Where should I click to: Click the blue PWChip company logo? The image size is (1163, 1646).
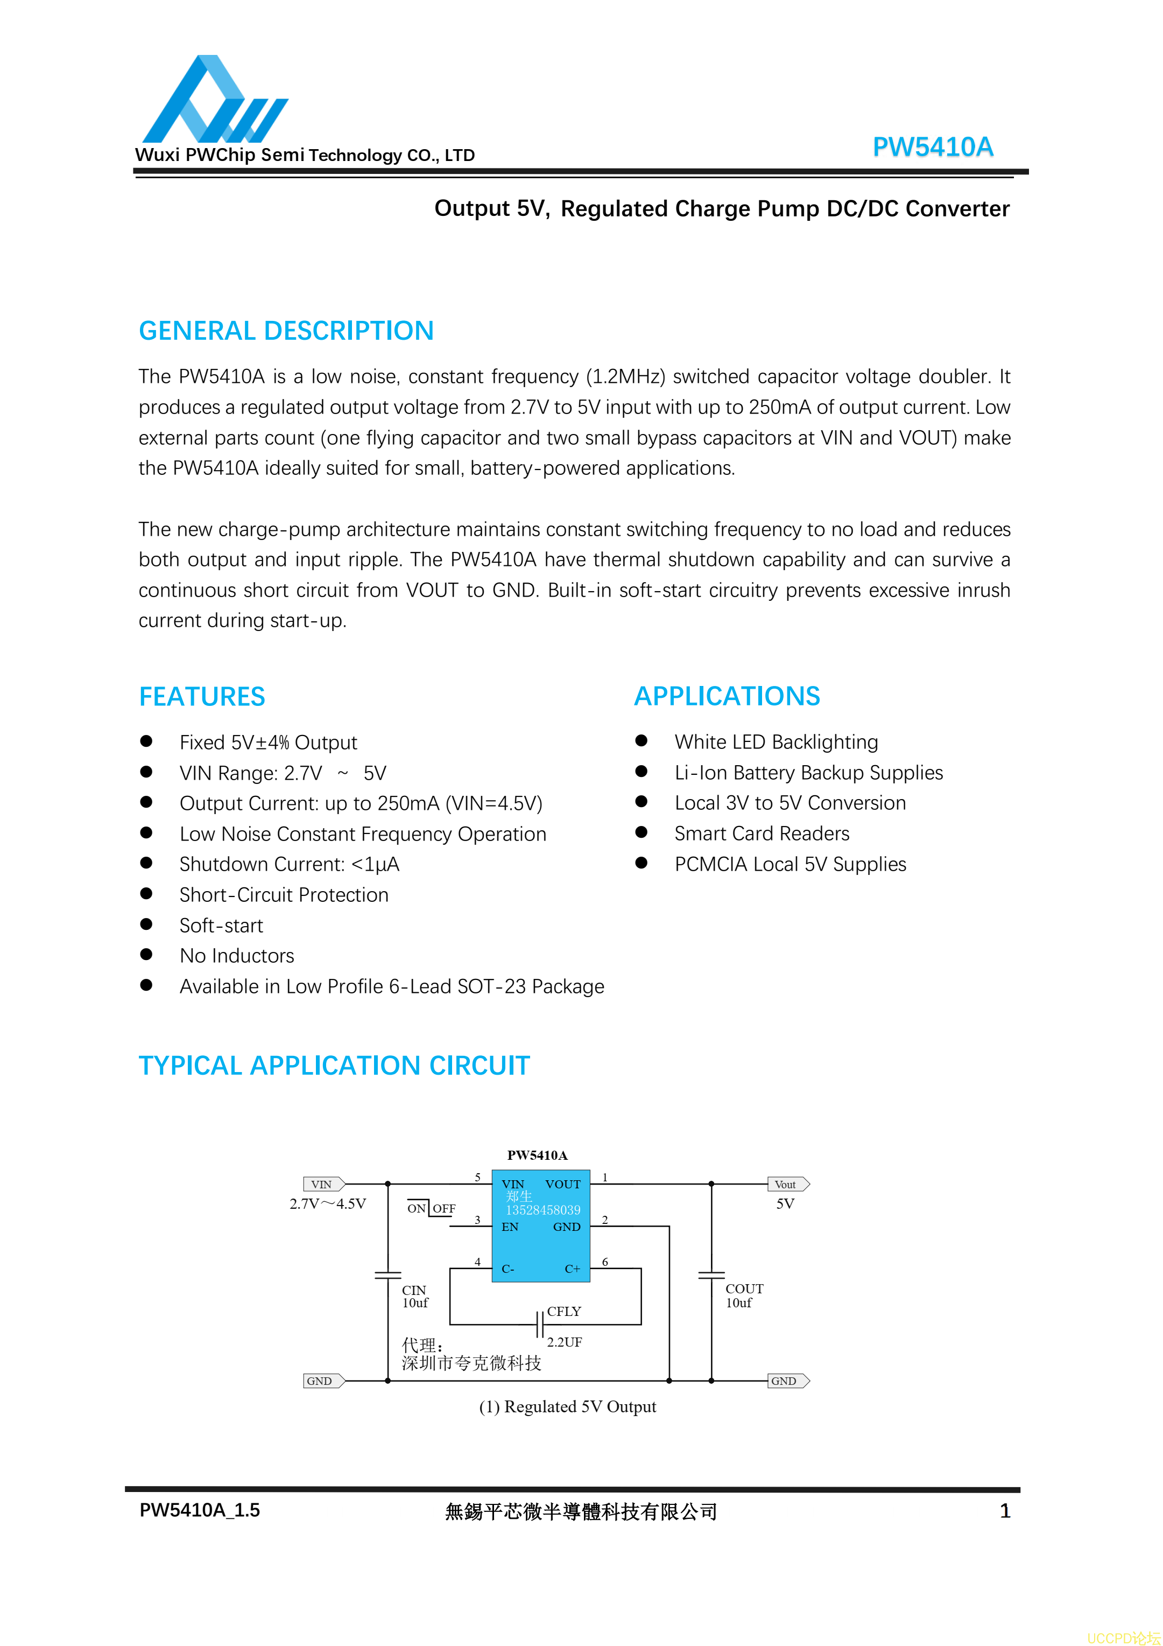[x=214, y=100]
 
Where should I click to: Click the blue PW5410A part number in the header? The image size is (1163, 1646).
[x=932, y=147]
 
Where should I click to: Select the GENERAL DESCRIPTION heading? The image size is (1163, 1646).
[x=286, y=331]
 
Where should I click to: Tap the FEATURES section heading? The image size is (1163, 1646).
[x=201, y=697]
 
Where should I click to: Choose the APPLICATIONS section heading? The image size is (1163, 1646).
[x=727, y=696]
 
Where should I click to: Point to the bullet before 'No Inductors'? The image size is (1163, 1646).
[x=146, y=954]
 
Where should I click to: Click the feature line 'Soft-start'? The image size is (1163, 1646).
[x=221, y=926]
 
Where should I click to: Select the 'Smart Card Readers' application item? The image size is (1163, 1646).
[x=762, y=833]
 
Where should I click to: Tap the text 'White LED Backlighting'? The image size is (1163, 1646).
[x=776, y=742]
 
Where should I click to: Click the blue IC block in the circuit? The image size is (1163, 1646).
[x=540, y=1227]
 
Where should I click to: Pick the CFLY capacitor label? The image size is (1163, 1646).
[x=564, y=1311]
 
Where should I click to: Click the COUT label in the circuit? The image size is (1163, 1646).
[x=744, y=1288]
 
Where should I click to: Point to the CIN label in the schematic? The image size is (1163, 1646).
[x=413, y=1290]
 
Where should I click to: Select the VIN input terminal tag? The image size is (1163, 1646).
[x=323, y=1185]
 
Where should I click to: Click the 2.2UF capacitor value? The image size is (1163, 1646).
[x=564, y=1342]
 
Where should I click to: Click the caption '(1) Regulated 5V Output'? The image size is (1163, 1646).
[x=568, y=1406]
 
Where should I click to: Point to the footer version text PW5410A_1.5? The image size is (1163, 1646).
[x=199, y=1510]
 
